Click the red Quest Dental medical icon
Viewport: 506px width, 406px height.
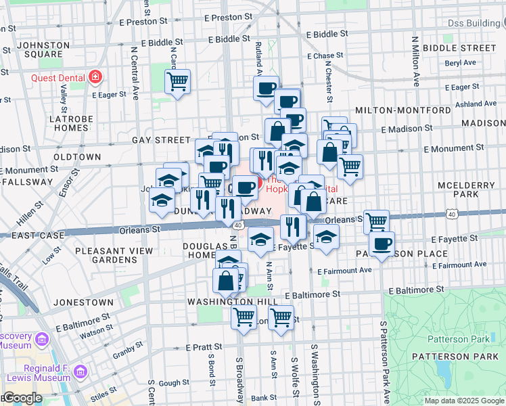[95, 76]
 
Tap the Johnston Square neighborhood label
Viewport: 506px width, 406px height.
[42, 50]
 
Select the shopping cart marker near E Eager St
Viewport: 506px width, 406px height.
[177, 83]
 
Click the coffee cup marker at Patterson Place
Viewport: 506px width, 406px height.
[382, 244]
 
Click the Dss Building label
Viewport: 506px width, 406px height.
[475, 23]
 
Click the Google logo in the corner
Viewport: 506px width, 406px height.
[22, 398]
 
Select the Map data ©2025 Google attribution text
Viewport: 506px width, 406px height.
[464, 401]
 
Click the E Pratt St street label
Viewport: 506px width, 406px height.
[209, 347]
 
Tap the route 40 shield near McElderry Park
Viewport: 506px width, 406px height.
[451, 214]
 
